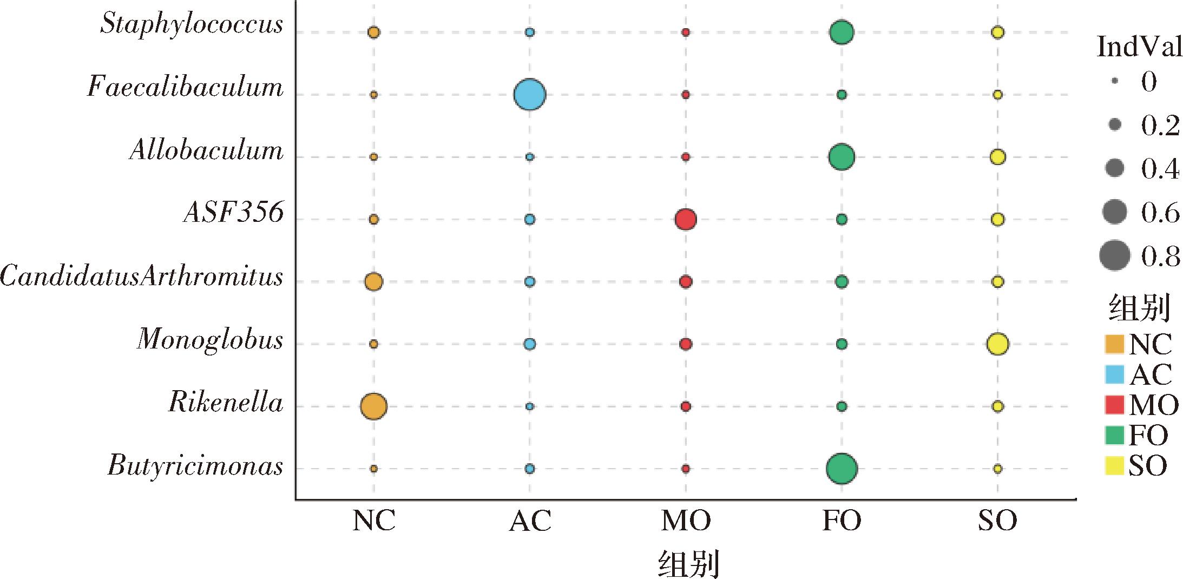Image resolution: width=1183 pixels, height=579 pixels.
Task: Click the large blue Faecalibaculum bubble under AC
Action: [529, 95]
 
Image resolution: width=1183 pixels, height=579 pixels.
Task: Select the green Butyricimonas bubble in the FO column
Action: [842, 469]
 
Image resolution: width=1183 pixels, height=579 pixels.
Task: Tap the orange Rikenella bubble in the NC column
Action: [373, 406]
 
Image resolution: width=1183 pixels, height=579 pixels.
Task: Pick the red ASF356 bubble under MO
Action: [686, 219]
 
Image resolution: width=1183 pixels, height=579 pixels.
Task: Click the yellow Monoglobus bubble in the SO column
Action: [997, 344]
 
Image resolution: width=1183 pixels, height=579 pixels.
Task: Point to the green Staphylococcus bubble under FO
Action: [842, 32]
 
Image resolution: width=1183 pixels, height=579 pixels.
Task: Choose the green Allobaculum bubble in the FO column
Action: [842, 157]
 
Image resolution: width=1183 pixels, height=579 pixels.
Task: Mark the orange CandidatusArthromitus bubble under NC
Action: [373, 281]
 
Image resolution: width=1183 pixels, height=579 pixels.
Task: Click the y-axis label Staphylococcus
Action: [192, 24]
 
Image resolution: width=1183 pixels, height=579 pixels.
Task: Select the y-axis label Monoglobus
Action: [210, 340]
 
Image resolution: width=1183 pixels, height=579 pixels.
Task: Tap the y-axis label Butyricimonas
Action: [195, 466]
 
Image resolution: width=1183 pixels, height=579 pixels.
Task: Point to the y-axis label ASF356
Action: [233, 213]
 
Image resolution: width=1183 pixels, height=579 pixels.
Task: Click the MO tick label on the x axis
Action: [686, 521]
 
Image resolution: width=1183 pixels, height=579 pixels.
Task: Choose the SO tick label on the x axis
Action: [997, 521]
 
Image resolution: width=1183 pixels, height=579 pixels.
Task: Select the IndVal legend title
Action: [1139, 48]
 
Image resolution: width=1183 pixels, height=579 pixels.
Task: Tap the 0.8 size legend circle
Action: [1115, 255]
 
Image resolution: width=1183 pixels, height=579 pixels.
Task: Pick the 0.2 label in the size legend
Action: [1160, 126]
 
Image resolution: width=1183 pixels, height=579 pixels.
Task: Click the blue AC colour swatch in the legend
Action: [1114, 374]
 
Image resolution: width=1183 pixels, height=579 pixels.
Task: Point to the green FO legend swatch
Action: [1114, 435]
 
